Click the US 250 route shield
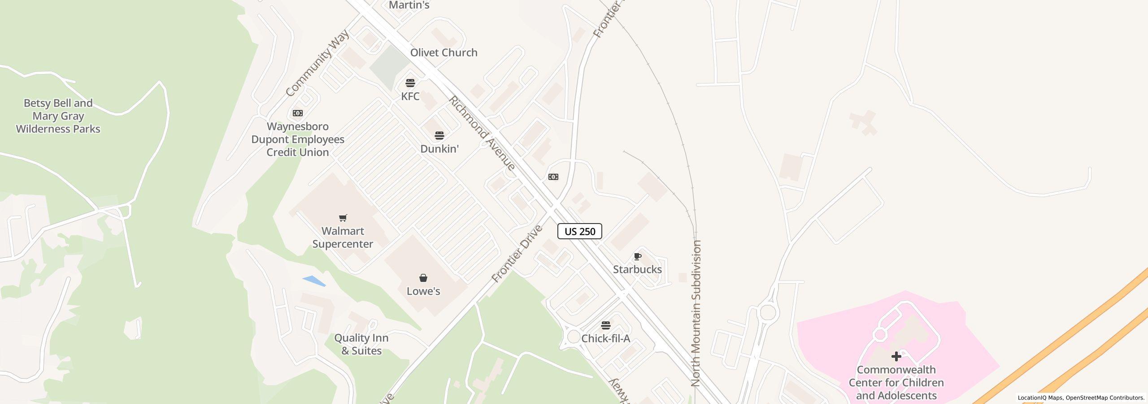pyautogui.click(x=579, y=231)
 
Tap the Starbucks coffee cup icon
pyautogui.click(x=637, y=257)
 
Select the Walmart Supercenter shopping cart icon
pyautogui.click(x=343, y=218)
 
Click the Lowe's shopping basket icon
pyautogui.click(x=423, y=278)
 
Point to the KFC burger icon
pyautogui.click(x=410, y=83)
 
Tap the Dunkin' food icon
pyautogui.click(x=439, y=136)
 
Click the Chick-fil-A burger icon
pyautogui.click(x=606, y=325)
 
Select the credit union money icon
pyautogui.click(x=298, y=113)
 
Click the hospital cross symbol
pyautogui.click(x=896, y=356)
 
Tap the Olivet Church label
pyautogui.click(x=444, y=53)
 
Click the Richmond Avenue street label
pyautogui.click(x=483, y=133)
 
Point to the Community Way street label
pyautogui.click(x=317, y=63)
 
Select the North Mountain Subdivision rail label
pyautogui.click(x=696, y=313)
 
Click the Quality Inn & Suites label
pyautogui.click(x=361, y=344)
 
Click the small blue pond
pyautogui.click(x=314, y=281)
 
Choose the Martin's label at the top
pyautogui.click(x=409, y=5)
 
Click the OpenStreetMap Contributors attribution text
pyautogui.click(x=1105, y=398)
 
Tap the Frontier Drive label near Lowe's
pyautogui.click(x=517, y=254)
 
